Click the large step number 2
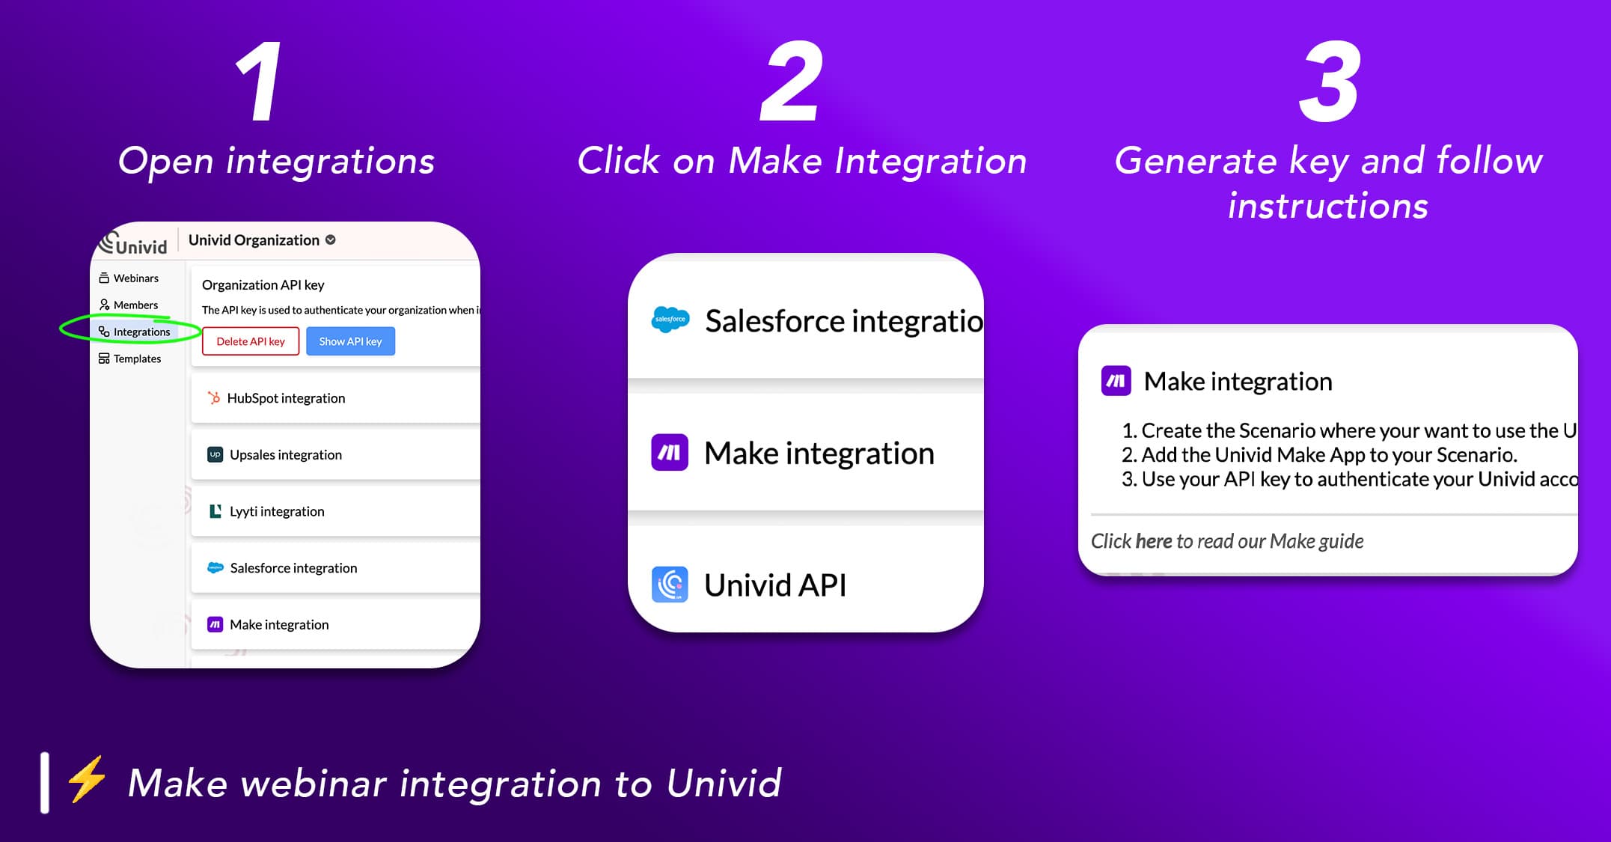792,82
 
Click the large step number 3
1329,82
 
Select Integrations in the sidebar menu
141,332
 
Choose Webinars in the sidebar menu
135,278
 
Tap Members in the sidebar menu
135,305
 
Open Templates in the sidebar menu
137,359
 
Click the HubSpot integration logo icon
214,398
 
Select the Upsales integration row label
286,454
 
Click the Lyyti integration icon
215,511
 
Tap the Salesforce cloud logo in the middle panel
670,320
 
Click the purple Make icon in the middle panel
670,453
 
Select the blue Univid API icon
670,585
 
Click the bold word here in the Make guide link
1153,541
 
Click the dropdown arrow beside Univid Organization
331,240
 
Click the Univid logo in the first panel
133,243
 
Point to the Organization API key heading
263,285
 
